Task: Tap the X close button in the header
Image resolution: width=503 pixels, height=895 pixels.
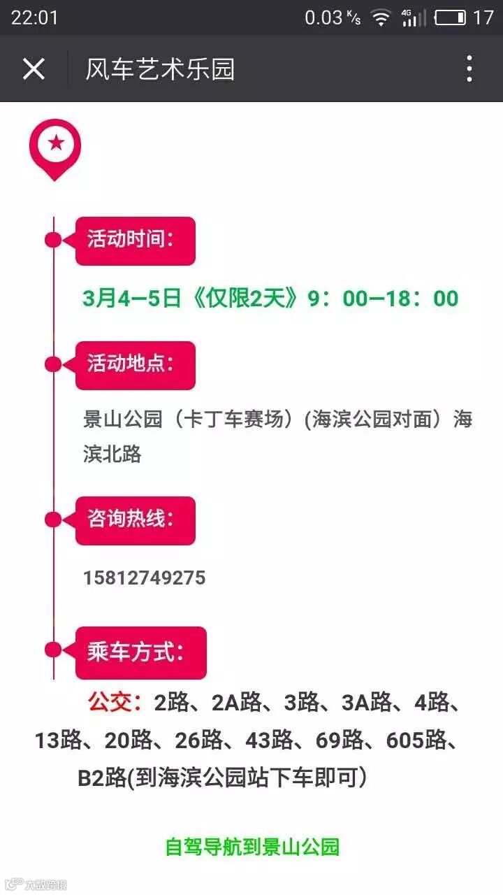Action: pyautogui.click(x=34, y=69)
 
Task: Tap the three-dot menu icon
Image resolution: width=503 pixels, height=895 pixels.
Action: pyautogui.click(x=469, y=69)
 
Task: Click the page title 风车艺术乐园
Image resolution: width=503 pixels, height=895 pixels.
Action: pyautogui.click(x=159, y=69)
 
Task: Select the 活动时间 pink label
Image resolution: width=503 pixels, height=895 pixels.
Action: pyautogui.click(x=135, y=241)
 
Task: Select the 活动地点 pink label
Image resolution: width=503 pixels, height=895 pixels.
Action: pyautogui.click(x=135, y=365)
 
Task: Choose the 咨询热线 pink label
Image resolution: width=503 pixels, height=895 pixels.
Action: pyautogui.click(x=135, y=520)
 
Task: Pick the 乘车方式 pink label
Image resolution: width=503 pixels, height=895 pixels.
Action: pyautogui.click(x=140, y=652)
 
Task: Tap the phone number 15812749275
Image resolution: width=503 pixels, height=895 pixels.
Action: pyautogui.click(x=145, y=578)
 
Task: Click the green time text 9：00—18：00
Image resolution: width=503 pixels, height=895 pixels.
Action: pyautogui.click(x=383, y=299)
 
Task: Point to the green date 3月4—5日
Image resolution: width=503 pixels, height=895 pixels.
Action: pyautogui.click(x=131, y=299)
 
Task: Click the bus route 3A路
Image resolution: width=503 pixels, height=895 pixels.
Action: pyautogui.click(x=366, y=702)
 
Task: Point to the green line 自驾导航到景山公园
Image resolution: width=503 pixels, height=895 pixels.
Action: pyautogui.click(x=251, y=847)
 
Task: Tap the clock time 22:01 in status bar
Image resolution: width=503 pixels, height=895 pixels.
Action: pyautogui.click(x=35, y=17)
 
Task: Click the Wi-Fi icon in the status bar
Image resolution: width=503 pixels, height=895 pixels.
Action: pyautogui.click(x=381, y=18)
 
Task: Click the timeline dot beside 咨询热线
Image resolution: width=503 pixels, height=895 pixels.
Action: pyautogui.click(x=53, y=520)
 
